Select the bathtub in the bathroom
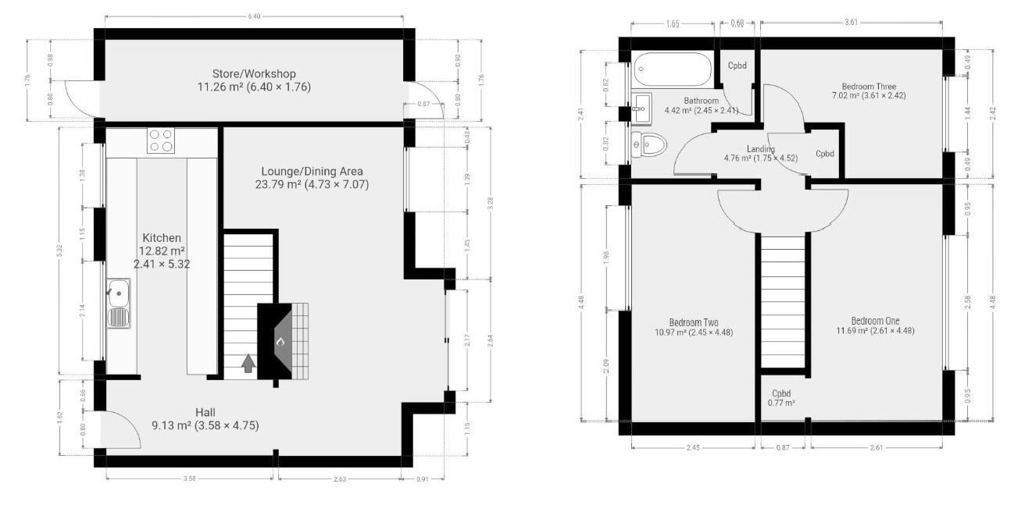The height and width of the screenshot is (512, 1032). (673, 70)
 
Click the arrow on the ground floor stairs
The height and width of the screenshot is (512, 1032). (248, 363)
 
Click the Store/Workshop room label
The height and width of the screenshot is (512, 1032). (254, 74)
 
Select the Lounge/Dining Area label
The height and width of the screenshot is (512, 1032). (311, 172)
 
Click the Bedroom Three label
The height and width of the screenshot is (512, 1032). (869, 87)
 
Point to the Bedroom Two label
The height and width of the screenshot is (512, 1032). (693, 322)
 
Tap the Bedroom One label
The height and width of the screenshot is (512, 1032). (875, 320)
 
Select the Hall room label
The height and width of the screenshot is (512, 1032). (205, 412)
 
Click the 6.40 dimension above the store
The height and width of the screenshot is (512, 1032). (254, 16)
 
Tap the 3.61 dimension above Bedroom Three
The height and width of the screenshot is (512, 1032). (851, 22)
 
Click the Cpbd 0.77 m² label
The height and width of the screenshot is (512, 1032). (782, 398)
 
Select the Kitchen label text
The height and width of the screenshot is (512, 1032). (162, 238)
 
